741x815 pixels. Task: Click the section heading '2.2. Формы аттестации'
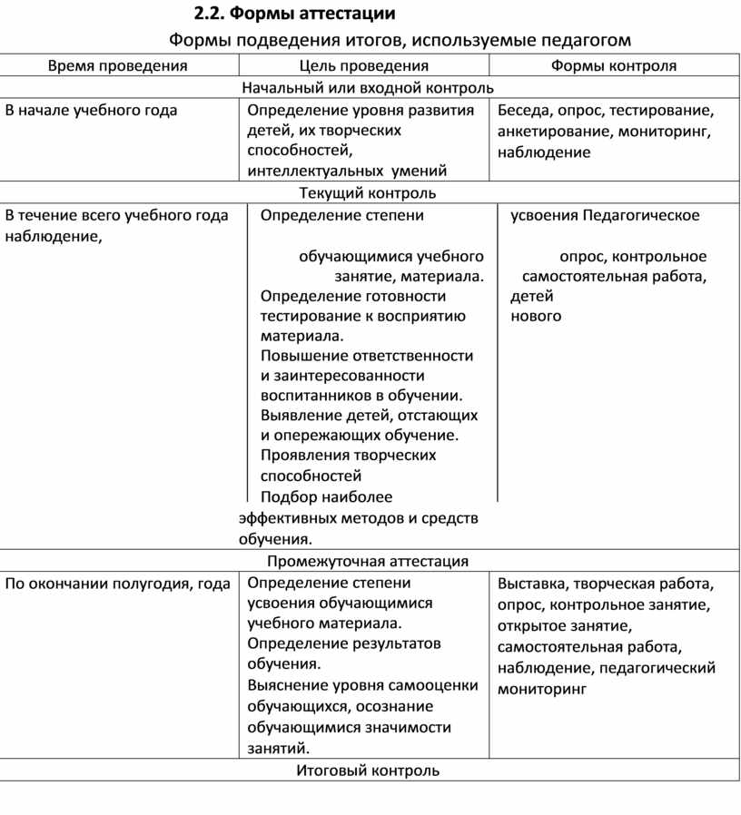295,14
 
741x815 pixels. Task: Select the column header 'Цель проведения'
364,65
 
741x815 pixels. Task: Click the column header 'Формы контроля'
614,65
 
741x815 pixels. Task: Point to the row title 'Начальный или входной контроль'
368,88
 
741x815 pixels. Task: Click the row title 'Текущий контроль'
368,193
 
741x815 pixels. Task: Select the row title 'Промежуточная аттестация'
368,562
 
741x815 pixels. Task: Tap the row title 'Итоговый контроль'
368,771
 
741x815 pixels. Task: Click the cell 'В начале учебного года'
92,111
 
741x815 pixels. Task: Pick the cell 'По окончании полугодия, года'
118,584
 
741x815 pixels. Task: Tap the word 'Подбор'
284,497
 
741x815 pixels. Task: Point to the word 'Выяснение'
289,686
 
